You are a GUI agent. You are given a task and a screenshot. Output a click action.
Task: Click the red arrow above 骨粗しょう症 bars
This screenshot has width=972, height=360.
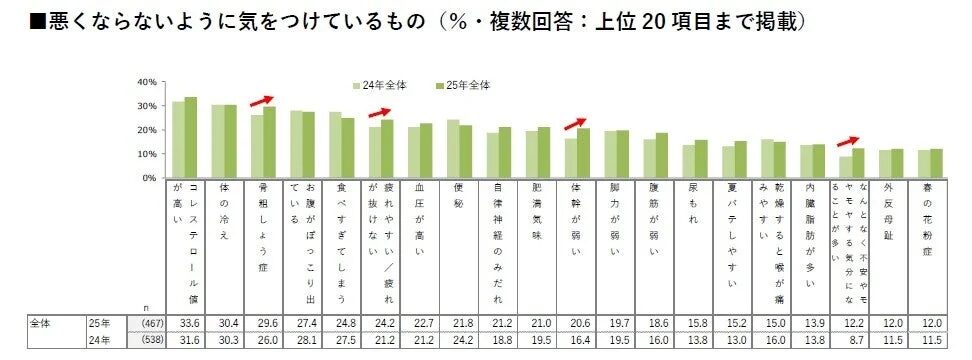(x=262, y=100)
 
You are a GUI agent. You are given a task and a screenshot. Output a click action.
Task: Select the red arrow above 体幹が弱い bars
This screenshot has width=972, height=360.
(x=576, y=123)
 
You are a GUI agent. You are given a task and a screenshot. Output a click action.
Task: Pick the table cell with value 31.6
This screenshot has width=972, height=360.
(x=185, y=341)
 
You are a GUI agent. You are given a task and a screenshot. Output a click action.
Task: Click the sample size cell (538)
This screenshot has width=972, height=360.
(x=146, y=341)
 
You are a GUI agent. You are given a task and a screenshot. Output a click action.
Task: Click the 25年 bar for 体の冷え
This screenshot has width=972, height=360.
(x=230, y=141)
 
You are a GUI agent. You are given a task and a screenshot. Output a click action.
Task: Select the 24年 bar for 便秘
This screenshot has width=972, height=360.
(x=452, y=149)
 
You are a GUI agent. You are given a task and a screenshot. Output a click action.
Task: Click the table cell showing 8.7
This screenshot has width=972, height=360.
(x=851, y=341)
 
